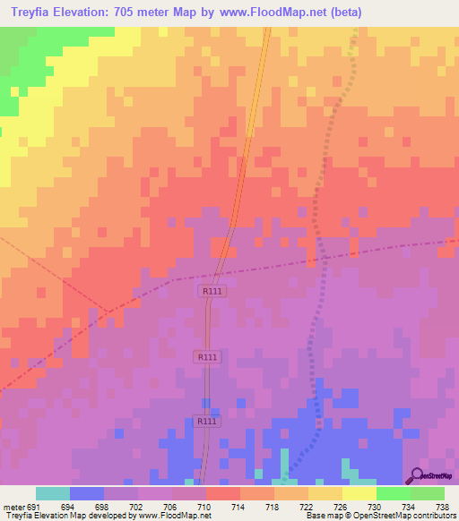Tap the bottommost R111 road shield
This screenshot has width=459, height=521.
point(206,421)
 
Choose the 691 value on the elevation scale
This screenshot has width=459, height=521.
point(33,506)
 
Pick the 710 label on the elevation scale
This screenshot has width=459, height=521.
point(204,506)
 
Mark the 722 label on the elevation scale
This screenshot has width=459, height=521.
point(307,506)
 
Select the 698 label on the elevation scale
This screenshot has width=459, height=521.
point(102,506)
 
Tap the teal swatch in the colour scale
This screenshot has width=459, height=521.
point(52,493)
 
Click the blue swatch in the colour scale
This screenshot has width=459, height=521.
point(86,493)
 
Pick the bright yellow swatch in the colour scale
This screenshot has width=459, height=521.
point(359,493)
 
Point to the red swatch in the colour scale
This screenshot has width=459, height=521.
point(222,493)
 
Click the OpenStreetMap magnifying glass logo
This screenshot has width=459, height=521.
point(415,476)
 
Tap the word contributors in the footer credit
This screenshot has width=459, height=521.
point(434,516)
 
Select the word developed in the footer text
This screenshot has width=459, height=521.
point(100,516)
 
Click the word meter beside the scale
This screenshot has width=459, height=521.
point(13,506)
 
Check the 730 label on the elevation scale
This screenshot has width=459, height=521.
point(375,506)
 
